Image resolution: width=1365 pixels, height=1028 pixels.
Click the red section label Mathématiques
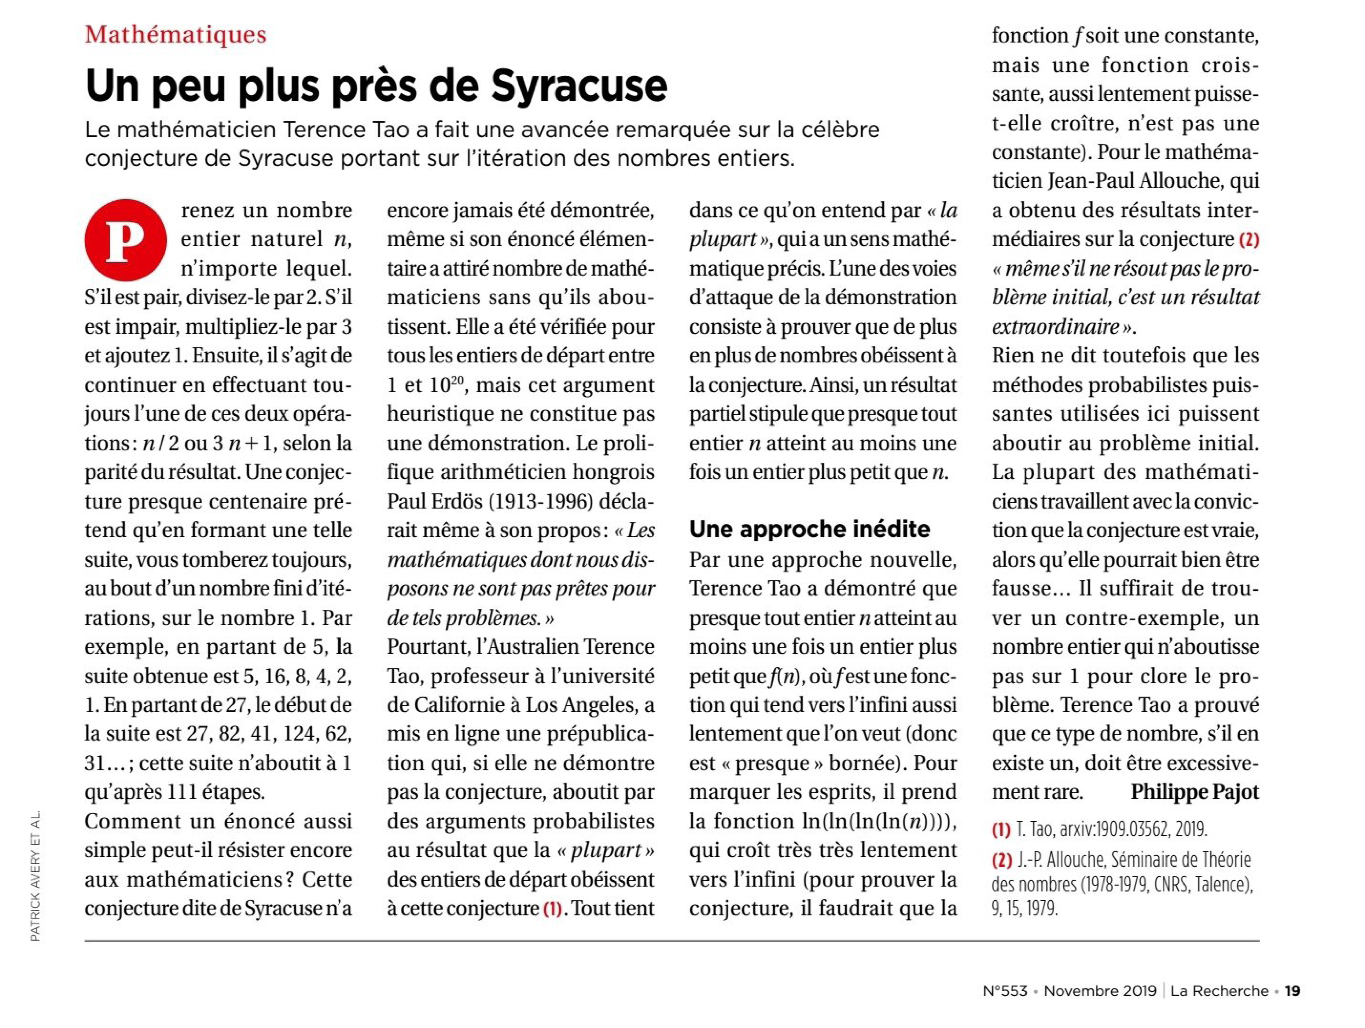(176, 35)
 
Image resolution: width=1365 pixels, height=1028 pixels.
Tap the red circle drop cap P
(125, 240)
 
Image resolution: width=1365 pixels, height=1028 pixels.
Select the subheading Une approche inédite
(809, 529)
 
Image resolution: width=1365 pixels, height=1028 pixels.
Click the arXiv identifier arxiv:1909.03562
(1115, 829)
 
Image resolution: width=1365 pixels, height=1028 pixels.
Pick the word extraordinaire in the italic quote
(1055, 326)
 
